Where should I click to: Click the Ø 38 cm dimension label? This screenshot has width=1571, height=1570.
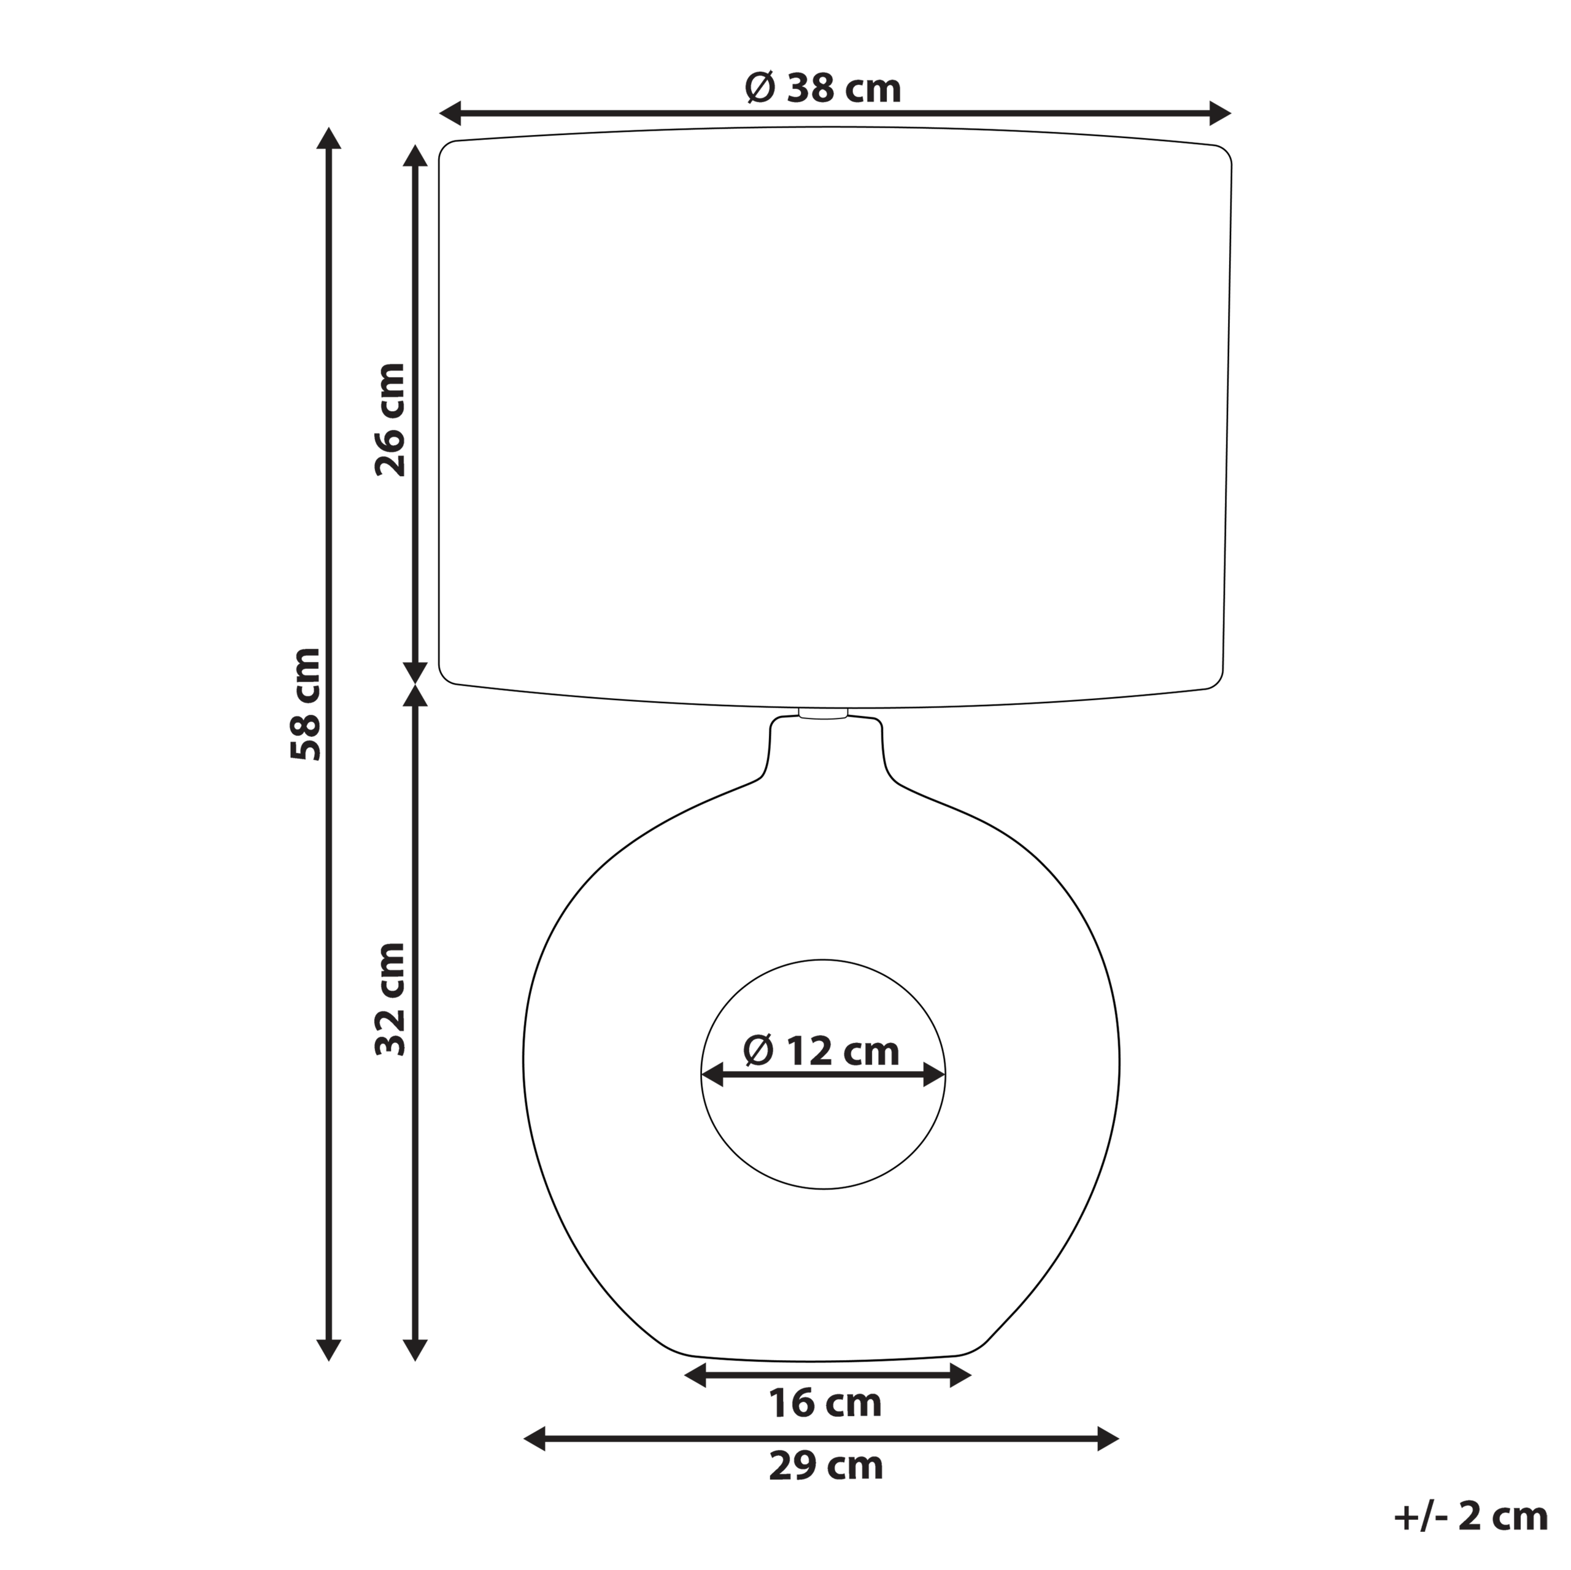(823, 88)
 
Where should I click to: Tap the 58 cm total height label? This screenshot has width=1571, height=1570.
(306, 704)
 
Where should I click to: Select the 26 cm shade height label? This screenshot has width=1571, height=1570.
(390, 420)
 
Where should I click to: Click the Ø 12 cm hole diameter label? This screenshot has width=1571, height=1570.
(821, 1052)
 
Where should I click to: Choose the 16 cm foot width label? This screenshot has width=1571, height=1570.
(825, 1403)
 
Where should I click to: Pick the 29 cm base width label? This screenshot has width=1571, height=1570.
(825, 1466)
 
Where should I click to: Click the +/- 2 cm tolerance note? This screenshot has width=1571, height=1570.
(1470, 1517)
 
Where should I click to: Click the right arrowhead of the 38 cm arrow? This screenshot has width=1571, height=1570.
(1220, 113)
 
